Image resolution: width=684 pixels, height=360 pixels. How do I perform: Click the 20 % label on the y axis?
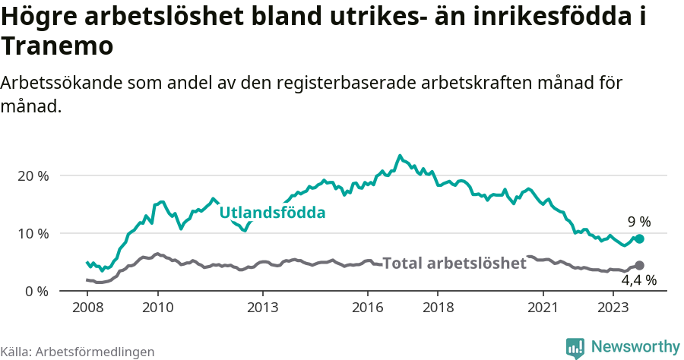(33, 175)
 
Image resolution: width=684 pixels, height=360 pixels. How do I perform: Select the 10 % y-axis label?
(33, 233)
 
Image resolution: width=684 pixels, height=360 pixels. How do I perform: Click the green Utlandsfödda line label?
(272, 213)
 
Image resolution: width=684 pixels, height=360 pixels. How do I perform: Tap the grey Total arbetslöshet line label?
(454, 264)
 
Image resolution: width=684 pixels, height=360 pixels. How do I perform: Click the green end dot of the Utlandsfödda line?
(639, 238)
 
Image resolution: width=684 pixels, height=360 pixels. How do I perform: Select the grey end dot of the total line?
(639, 265)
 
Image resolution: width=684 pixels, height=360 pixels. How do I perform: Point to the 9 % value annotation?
(639, 222)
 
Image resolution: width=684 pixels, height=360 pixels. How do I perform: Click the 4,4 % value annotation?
(638, 280)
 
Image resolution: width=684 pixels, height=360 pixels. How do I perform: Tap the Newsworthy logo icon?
(575, 347)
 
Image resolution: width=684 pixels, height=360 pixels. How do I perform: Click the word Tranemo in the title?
(58, 46)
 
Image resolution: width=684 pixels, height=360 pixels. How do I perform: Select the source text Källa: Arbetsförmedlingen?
(78, 352)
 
